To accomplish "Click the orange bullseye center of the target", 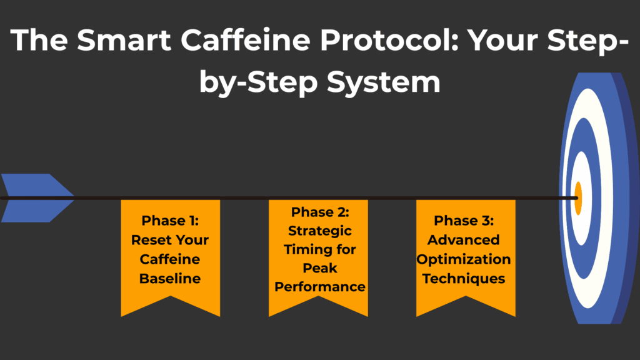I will [578, 198].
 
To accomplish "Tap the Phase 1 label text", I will [170, 220].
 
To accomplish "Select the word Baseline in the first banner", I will [170, 279].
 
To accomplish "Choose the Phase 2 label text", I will [319, 212].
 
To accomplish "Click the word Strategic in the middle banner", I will [319, 231].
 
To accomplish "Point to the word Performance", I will [319, 287].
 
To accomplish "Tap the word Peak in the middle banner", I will [319, 268].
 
